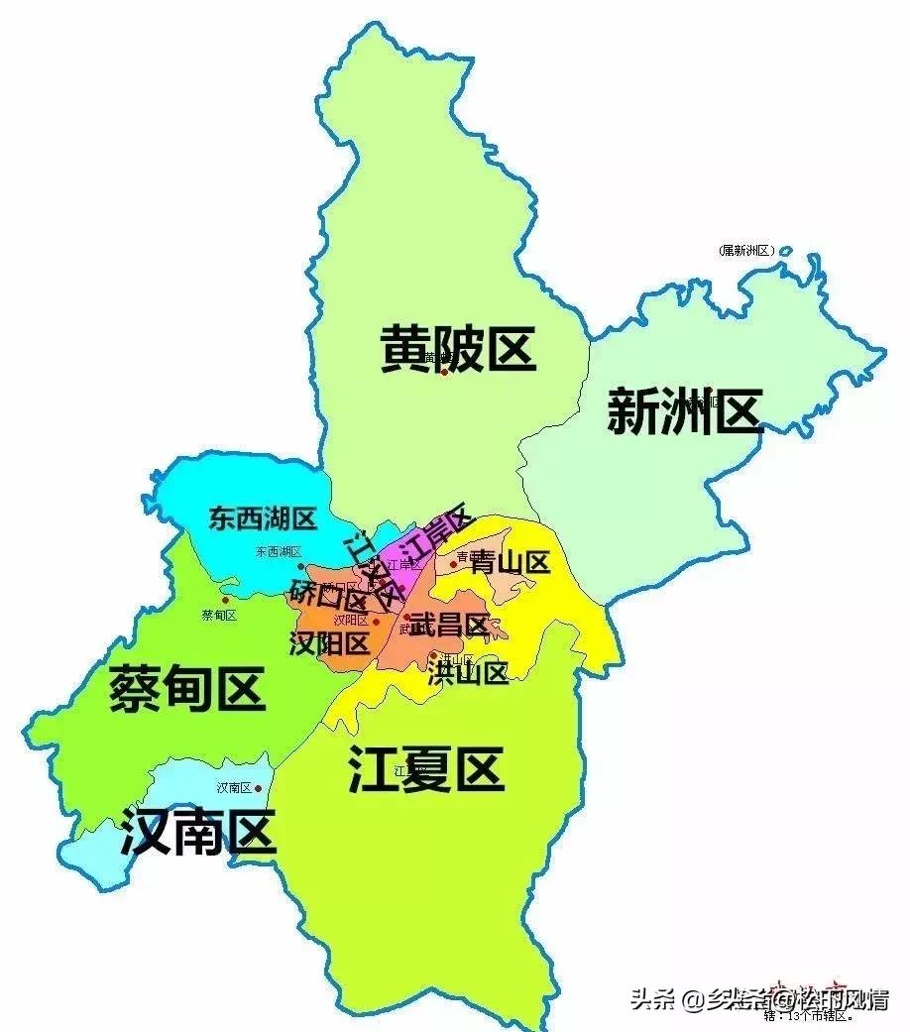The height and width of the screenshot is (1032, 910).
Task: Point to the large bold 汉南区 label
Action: tap(197, 832)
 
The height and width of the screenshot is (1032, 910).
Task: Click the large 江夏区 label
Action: tap(426, 768)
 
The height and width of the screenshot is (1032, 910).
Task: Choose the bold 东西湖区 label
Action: tap(262, 517)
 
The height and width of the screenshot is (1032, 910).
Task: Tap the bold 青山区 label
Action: tap(510, 563)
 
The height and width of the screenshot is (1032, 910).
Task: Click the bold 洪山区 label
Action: tap(469, 673)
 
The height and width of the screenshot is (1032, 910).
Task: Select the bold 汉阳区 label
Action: tap(329, 643)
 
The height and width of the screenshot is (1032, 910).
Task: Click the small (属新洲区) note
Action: tap(746, 251)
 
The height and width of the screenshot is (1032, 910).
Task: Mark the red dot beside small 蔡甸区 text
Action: tap(225, 600)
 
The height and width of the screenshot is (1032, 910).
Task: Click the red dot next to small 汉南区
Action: tap(258, 789)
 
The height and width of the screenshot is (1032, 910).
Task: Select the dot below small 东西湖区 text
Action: tap(300, 566)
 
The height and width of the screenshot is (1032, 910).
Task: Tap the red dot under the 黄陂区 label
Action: tap(444, 373)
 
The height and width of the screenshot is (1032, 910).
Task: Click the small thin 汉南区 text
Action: tap(233, 788)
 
